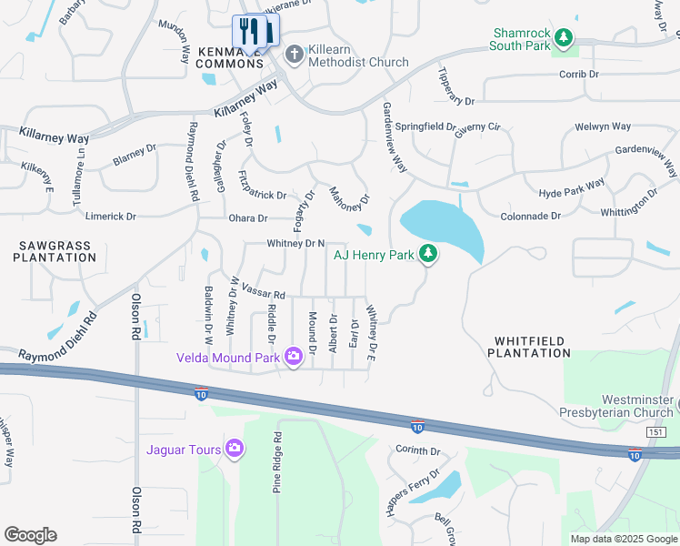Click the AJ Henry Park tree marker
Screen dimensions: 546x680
(x=428, y=255)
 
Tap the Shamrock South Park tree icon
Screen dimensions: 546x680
(x=565, y=37)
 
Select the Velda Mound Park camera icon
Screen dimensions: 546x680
(x=293, y=356)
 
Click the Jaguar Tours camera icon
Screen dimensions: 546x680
(x=235, y=447)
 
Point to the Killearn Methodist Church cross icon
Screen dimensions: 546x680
(x=294, y=54)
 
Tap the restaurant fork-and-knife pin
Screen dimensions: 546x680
(x=247, y=32)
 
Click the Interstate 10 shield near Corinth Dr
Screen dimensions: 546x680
(x=416, y=428)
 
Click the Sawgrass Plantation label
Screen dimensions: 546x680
(x=55, y=251)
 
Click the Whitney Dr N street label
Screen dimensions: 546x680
(x=295, y=243)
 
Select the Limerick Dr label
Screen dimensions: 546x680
(x=110, y=217)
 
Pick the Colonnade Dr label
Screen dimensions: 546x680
(x=532, y=217)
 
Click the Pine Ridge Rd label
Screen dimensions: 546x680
(x=278, y=462)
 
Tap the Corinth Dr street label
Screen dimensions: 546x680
(x=417, y=450)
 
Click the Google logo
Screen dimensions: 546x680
(x=30, y=535)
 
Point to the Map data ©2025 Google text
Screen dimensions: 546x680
(x=623, y=539)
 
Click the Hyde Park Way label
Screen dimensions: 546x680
(x=572, y=189)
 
